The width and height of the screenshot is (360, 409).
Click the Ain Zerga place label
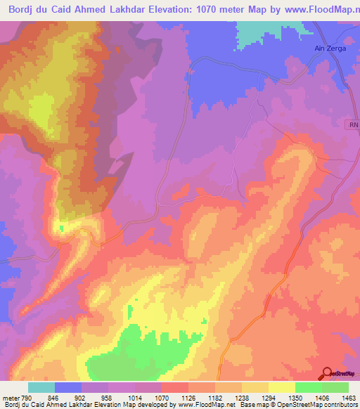(x=330, y=48)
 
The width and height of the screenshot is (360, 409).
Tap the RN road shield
(x=353, y=124)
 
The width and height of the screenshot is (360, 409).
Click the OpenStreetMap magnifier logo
(x=328, y=372)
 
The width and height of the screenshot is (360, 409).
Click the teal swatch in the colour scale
(x=41, y=387)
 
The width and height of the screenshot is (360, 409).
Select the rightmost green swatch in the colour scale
(x=335, y=387)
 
